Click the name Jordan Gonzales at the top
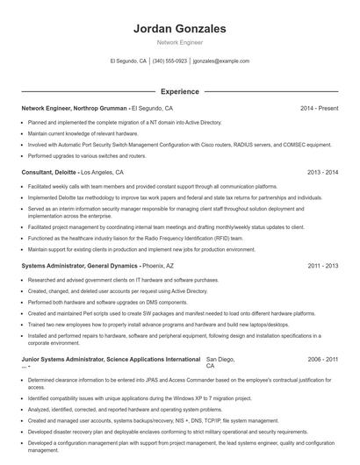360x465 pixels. (x=179, y=28)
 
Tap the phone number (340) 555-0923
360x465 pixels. (x=169, y=61)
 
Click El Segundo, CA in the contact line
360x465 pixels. (x=128, y=61)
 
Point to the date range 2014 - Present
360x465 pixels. (x=319, y=108)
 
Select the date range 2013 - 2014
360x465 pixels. (x=322, y=173)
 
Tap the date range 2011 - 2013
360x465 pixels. (x=322, y=265)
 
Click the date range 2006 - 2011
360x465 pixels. (x=322, y=359)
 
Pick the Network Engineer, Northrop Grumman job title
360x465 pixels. (x=75, y=108)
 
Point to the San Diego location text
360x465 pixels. (x=220, y=359)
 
